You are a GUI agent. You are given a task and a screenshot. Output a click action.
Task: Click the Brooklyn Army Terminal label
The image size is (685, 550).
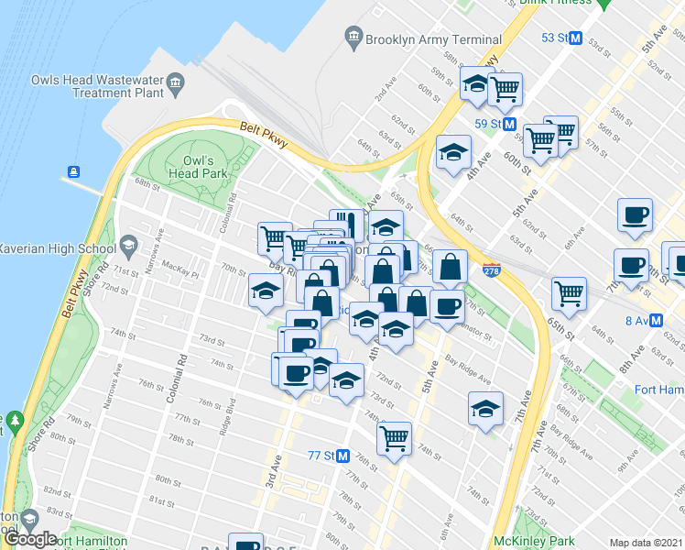[x=433, y=39]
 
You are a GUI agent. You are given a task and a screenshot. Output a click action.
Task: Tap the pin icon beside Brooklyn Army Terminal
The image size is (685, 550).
[x=353, y=38]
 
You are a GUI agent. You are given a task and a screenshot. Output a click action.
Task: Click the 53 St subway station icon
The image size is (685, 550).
[x=576, y=38]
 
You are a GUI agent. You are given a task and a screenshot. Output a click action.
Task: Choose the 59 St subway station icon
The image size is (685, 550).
[x=510, y=124]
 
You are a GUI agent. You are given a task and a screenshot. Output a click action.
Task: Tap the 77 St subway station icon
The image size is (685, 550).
[x=343, y=456]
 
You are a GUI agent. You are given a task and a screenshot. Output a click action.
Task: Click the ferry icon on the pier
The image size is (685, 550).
[x=72, y=171]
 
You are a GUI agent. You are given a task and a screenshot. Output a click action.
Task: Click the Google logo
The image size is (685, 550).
[x=30, y=538]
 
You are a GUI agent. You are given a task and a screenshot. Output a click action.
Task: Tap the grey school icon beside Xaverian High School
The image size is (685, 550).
[x=127, y=247]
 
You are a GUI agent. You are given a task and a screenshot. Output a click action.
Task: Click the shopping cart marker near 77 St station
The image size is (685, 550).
[x=394, y=437]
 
